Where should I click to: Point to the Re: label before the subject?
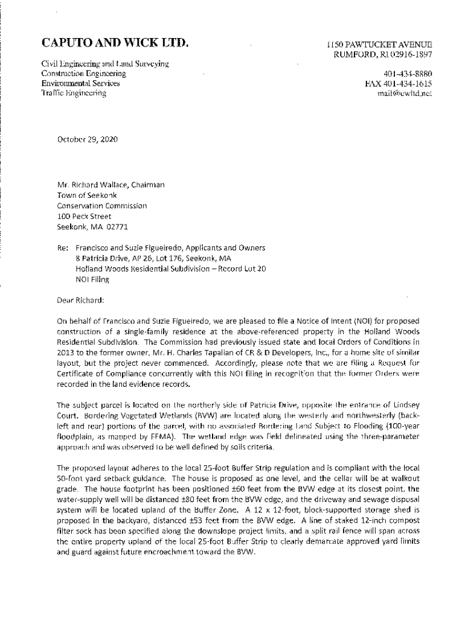tap(62, 247)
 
